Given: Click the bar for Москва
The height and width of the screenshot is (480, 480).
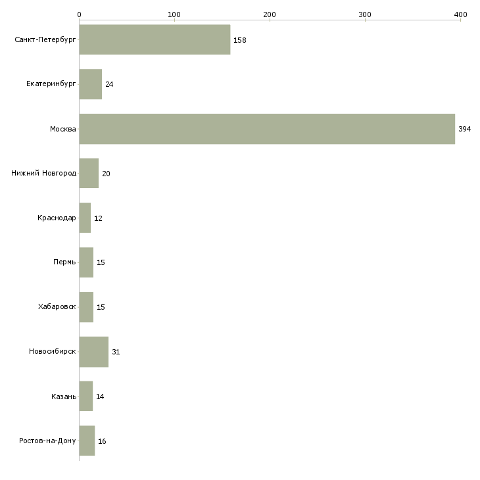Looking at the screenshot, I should point(267,129).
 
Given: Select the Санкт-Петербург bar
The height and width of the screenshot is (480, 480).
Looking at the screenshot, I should point(155,39).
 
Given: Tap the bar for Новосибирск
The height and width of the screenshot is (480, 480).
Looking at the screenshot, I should point(93,352).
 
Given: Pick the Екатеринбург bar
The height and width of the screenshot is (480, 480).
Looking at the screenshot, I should point(90,84).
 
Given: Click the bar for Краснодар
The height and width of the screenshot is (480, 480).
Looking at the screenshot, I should point(85,218).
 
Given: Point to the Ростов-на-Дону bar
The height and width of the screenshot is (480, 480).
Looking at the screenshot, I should point(87,441).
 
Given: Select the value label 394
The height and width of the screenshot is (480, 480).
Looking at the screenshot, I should point(464,129).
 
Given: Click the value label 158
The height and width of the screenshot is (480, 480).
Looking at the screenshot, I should point(239,40).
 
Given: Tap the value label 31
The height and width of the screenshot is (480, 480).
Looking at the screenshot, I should point(116,352).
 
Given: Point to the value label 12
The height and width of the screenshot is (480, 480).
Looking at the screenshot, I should point(98,218).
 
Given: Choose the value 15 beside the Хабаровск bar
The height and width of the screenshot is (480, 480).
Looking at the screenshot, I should point(101,307).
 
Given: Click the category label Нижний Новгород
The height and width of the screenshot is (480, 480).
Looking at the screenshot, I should point(43,174).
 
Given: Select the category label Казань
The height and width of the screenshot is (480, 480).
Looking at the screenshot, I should point(63,396).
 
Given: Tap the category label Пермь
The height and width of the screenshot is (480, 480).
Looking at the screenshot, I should point(64,262).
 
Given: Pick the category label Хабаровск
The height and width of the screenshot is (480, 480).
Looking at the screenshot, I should point(57,307).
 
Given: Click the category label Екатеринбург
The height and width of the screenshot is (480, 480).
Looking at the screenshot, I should point(51,84).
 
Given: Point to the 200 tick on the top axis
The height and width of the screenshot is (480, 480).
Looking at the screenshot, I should point(270,14).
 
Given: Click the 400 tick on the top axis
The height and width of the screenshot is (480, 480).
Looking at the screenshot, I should point(460,14).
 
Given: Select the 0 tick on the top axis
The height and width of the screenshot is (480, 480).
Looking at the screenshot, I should point(79,14).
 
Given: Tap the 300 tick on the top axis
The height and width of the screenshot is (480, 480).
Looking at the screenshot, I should point(365,14).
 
